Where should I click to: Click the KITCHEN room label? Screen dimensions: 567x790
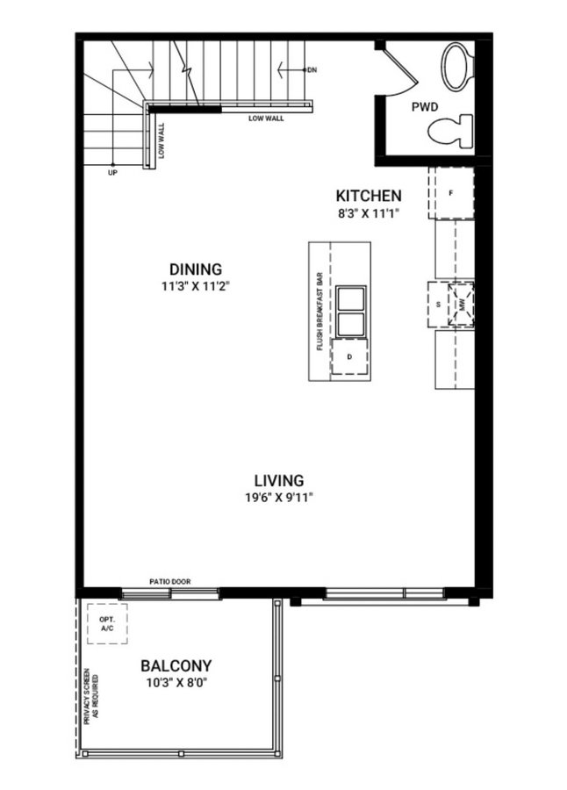(x=369, y=196)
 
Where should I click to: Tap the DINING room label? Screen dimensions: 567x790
(x=196, y=269)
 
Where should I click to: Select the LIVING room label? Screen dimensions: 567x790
(x=279, y=480)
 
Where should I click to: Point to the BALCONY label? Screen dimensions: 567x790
(x=176, y=665)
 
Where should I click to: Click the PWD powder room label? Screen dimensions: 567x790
(x=425, y=107)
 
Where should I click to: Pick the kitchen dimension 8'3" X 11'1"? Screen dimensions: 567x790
(x=369, y=213)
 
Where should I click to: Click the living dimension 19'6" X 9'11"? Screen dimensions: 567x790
(x=279, y=498)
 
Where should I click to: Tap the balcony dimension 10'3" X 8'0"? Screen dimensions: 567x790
(x=176, y=683)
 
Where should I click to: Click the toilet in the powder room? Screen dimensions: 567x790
(x=451, y=131)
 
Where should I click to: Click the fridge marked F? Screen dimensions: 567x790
(x=451, y=193)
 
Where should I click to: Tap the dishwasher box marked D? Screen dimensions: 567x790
(x=349, y=356)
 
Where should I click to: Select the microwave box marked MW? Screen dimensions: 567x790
(x=462, y=305)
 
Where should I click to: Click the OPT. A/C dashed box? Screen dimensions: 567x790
(x=107, y=624)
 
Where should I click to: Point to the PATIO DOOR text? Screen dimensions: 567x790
(x=170, y=581)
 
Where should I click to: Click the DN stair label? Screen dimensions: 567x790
(x=312, y=70)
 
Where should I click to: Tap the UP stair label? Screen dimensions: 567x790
(x=112, y=173)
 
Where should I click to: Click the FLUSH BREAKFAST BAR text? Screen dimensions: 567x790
(x=319, y=312)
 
